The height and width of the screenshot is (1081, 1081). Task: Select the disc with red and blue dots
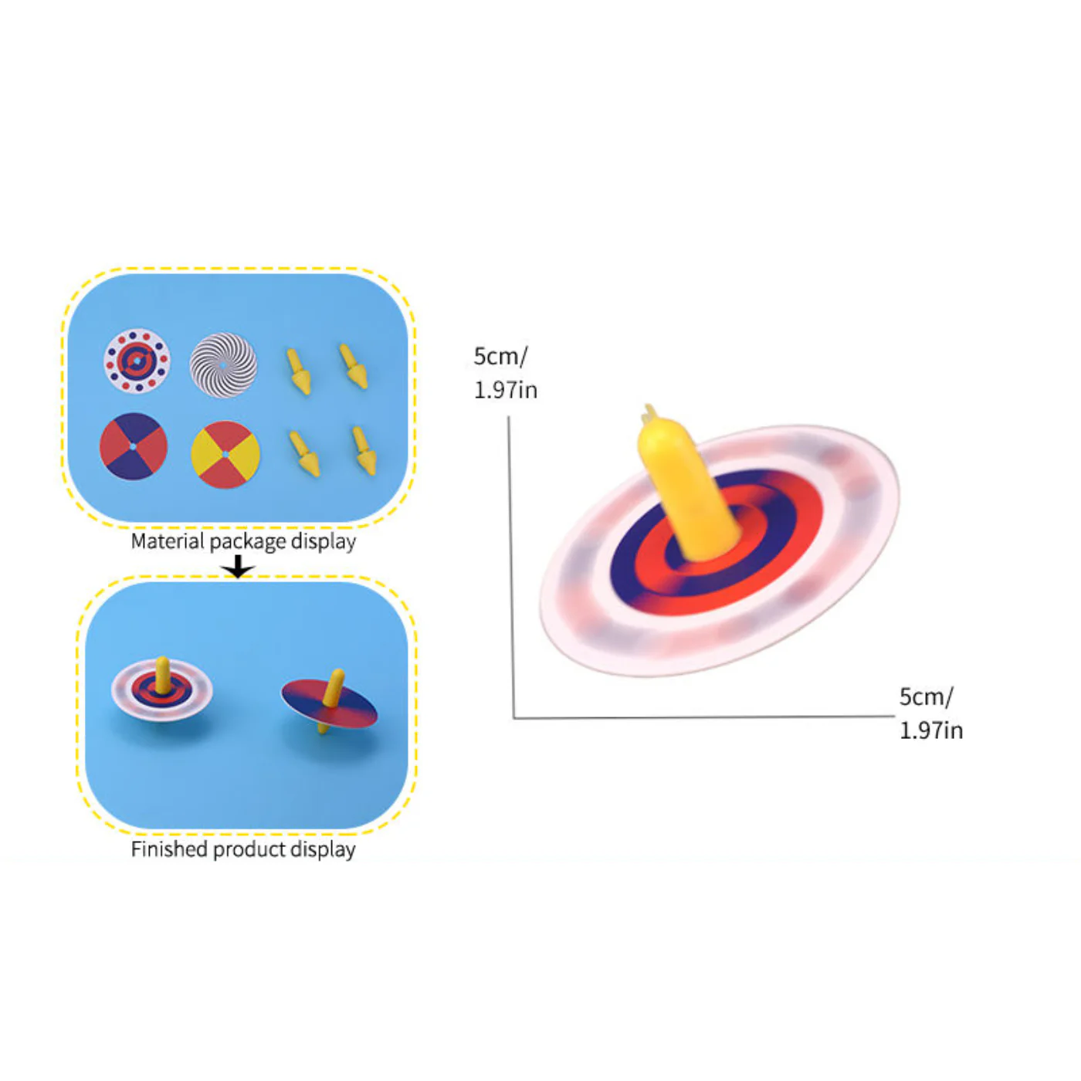(x=137, y=361)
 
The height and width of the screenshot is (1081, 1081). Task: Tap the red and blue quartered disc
(x=134, y=446)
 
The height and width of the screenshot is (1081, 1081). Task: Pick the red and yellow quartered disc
(x=225, y=454)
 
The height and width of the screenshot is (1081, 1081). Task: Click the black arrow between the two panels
(x=238, y=567)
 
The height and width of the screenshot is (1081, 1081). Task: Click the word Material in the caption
(x=168, y=541)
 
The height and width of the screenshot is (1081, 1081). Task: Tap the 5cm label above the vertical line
(x=500, y=356)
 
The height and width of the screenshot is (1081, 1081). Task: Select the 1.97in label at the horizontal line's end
(x=931, y=730)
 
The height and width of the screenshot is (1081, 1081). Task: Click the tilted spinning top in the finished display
(x=329, y=701)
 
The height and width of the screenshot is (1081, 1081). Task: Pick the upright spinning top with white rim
(x=161, y=689)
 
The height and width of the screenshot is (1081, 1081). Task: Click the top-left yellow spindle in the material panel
(x=299, y=371)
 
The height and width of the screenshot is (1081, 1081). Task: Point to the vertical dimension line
(x=511, y=567)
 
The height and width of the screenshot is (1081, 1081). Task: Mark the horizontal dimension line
(x=704, y=717)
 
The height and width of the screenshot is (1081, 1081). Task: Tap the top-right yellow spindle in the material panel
(x=354, y=366)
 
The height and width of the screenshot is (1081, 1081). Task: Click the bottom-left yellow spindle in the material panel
(x=304, y=454)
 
